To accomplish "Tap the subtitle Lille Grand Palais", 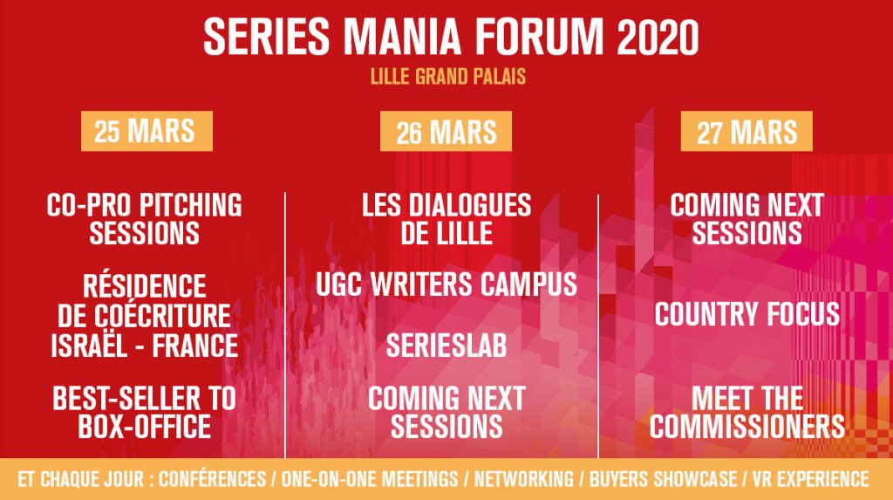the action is [448, 77].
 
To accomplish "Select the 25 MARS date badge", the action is [147, 131].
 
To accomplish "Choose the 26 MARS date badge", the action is [446, 132].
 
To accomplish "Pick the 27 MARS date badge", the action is [746, 132].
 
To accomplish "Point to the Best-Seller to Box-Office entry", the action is [145, 413].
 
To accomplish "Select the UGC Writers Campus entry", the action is [446, 284].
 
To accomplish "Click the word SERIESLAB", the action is [446, 346].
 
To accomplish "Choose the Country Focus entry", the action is [747, 314].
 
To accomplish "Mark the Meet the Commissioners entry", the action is [747, 413].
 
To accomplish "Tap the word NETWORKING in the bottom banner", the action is [524, 479].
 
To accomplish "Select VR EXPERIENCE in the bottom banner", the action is [810, 479].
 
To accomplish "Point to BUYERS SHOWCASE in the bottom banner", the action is [663, 479].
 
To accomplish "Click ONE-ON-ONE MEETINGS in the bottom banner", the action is [370, 479].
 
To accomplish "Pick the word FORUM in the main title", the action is [539, 38].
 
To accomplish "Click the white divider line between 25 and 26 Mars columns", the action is [285, 325].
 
